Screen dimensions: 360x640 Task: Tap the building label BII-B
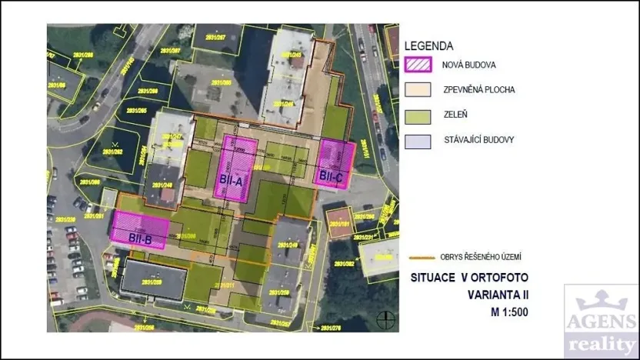(139, 238)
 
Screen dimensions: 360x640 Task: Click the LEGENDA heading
(428, 46)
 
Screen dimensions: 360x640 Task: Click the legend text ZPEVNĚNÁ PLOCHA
(479, 90)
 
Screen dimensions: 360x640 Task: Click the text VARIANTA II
(498, 295)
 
